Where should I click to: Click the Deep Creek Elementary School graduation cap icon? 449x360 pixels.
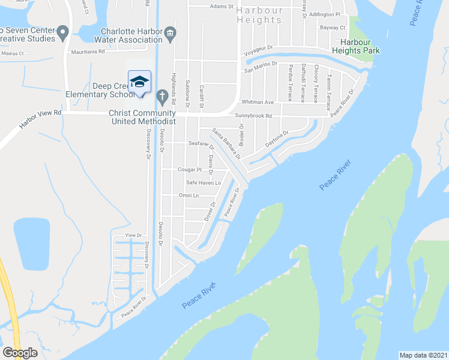[139, 82]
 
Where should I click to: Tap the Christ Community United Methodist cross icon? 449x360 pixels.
[161, 96]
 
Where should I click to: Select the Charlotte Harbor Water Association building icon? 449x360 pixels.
[170, 32]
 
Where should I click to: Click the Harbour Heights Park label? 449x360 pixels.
[360, 46]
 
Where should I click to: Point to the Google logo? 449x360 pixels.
[20, 352]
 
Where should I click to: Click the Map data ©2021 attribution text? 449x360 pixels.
[423, 354]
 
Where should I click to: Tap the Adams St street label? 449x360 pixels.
[221, 7]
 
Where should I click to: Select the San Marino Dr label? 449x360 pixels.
[260, 66]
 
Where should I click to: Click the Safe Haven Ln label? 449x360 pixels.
[203, 182]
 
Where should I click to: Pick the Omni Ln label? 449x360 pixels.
[188, 196]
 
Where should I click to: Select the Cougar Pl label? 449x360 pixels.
[190, 170]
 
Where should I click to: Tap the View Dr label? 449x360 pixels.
[133, 236]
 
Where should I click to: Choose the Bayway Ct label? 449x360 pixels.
[334, 28]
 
